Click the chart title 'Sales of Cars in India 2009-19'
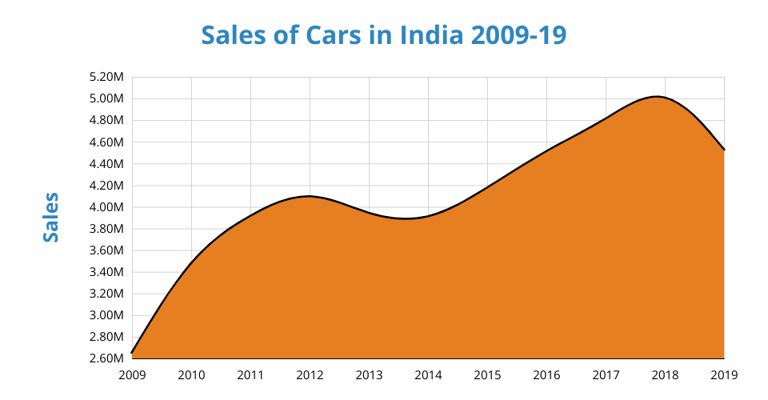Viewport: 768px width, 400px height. click(384, 36)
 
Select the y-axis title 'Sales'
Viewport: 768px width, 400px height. click(51, 217)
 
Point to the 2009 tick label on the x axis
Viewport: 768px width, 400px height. click(132, 374)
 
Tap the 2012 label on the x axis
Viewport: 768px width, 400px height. click(310, 374)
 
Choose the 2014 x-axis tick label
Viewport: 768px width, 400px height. click(428, 374)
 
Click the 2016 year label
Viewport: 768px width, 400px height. click(546, 374)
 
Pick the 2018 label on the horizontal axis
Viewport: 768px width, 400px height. click(665, 374)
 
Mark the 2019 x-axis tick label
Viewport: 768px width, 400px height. click(724, 374)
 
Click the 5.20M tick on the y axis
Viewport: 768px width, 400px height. click(107, 78)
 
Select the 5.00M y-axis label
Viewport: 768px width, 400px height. click(107, 99)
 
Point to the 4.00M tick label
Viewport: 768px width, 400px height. click(107, 207)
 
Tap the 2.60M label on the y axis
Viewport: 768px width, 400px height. click(107, 358)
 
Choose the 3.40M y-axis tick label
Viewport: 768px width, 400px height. click(107, 272)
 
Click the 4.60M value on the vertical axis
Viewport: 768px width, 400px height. click(107, 142)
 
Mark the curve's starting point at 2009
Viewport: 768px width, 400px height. click(133, 352)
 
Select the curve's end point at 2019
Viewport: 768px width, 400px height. click(723, 150)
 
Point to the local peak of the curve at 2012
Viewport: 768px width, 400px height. click(310, 196)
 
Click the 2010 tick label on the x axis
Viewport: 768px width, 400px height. click(191, 374)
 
